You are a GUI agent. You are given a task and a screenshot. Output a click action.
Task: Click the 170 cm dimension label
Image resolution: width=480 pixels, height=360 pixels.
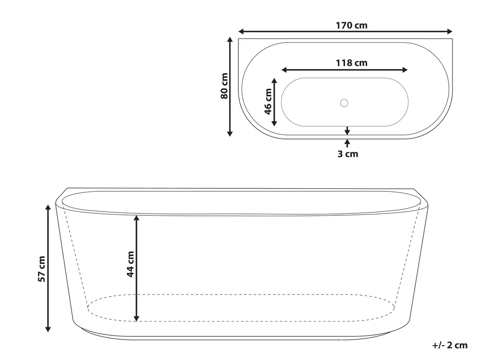[x=351, y=25]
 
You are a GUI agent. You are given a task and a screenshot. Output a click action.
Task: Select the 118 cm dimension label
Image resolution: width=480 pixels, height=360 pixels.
[x=351, y=63]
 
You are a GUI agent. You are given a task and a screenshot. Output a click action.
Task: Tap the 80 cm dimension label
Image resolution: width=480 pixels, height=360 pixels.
[x=224, y=86]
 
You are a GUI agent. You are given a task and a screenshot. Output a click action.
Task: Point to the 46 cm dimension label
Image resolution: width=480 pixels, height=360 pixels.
[x=268, y=101]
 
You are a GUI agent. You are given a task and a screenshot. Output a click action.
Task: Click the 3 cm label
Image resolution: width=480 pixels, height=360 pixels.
[x=348, y=154]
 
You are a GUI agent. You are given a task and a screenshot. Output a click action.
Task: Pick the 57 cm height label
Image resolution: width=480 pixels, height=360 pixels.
[x=42, y=269]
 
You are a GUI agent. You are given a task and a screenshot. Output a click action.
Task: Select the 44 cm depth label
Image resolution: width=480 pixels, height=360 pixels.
[x=130, y=264]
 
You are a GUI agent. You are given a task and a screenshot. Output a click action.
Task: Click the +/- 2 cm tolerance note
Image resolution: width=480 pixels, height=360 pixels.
[x=450, y=345]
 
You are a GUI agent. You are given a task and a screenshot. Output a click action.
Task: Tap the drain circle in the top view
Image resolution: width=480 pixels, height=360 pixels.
[x=344, y=103]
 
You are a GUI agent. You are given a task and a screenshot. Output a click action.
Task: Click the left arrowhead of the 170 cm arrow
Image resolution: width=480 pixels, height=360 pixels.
[x=241, y=31]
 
